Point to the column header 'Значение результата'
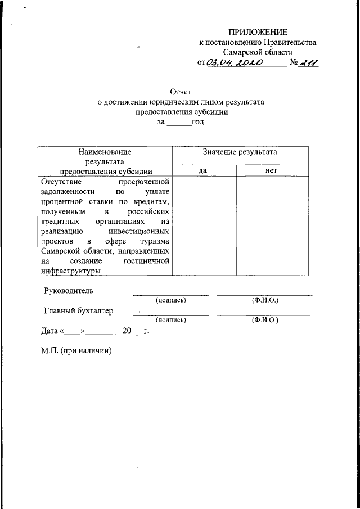tap(240, 152)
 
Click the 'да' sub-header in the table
tap(204, 170)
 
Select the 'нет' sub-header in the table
tap(272, 170)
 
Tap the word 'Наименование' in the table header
tap(105, 152)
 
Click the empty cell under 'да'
tap(204, 225)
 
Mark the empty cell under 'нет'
tap(272, 225)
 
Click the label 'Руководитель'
tap(69, 291)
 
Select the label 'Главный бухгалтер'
tap(79, 310)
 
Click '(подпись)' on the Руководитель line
tap(171, 300)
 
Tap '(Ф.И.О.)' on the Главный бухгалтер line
tap(265, 320)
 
